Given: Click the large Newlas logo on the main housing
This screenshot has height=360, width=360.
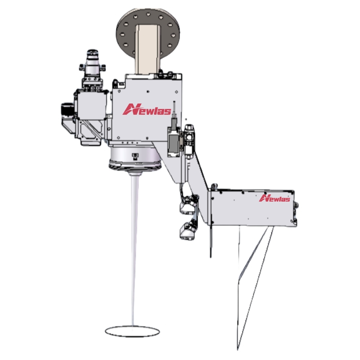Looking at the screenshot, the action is [147, 109].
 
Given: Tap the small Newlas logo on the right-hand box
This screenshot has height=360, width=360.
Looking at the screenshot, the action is [274, 198].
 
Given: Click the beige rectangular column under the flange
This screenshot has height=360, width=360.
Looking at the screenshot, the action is [148, 49].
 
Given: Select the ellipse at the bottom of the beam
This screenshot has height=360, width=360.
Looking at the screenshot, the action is [132, 331].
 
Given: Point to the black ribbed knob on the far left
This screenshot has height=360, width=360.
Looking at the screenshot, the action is [66, 110].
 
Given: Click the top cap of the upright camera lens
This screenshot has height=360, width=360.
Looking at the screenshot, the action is [93, 52].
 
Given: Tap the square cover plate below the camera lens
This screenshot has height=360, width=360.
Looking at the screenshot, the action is [92, 105].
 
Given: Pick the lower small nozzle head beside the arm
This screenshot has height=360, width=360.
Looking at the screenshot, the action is [188, 230].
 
